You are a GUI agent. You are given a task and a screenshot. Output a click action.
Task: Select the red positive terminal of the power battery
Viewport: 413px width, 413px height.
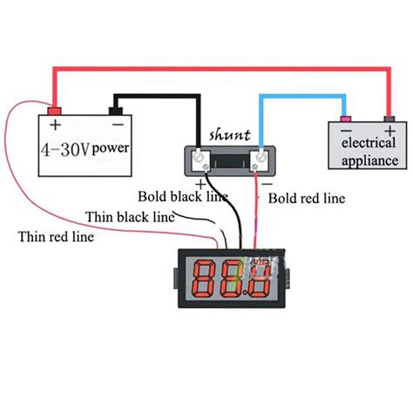pos(53,112)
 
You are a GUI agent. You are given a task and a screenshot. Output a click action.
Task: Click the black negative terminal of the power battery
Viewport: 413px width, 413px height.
pos(114,111)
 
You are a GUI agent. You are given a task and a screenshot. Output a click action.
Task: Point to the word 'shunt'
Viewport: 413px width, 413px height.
pos(230,135)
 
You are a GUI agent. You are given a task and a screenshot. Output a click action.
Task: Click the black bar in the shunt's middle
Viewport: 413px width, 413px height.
pos(230,159)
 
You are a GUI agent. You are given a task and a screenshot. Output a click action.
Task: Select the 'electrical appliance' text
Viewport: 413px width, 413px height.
pos(369,151)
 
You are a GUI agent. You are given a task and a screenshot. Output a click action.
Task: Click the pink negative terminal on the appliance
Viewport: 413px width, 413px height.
pos(345,118)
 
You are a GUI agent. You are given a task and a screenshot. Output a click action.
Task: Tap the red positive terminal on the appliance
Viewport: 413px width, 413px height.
pos(389,118)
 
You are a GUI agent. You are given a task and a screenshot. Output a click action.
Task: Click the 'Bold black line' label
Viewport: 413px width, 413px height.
pos(183,196)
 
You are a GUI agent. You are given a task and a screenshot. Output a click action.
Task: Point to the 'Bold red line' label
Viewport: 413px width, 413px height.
pos(307,199)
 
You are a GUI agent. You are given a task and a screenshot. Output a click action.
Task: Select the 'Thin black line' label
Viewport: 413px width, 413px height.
pos(127,215)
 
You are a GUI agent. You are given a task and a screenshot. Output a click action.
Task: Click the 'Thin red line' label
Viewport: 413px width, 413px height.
pos(57,235)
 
